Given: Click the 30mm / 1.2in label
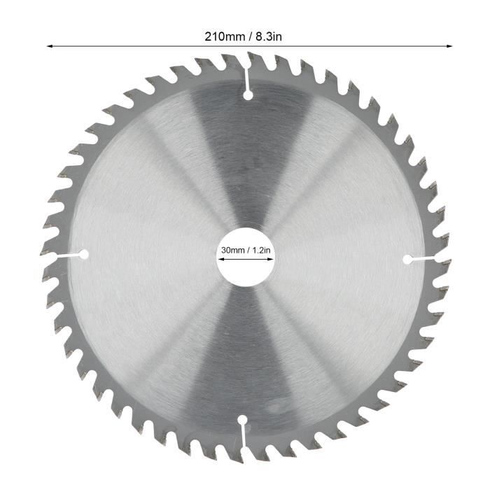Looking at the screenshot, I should tap(244, 249).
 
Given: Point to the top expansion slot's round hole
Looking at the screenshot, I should tap(247, 94).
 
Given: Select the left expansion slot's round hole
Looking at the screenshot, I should tap(83, 254).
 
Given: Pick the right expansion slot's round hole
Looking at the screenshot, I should tap(408, 259).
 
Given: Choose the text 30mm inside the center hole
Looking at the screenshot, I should tap(232, 249).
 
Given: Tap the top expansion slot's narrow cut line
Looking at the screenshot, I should tap(248, 74).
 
